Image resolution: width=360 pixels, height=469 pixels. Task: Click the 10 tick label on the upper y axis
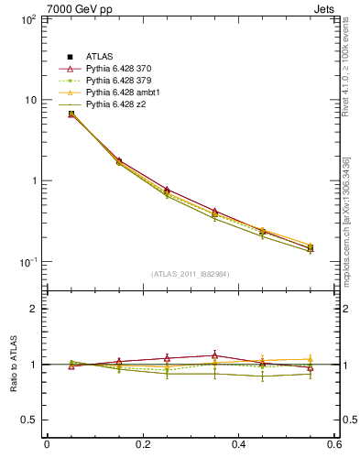(29, 100)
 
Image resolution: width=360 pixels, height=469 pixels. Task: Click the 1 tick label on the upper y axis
(32, 181)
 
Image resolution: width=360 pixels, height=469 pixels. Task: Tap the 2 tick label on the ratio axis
(32, 309)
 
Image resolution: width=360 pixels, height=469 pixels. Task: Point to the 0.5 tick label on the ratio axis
(28, 420)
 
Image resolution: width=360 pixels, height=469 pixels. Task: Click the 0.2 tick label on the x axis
(142, 445)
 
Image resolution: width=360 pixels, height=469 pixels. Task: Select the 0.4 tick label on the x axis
(238, 445)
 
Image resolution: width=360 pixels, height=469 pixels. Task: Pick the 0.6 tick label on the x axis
(334, 445)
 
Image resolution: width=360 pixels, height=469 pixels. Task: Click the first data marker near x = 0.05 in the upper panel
(71, 114)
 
